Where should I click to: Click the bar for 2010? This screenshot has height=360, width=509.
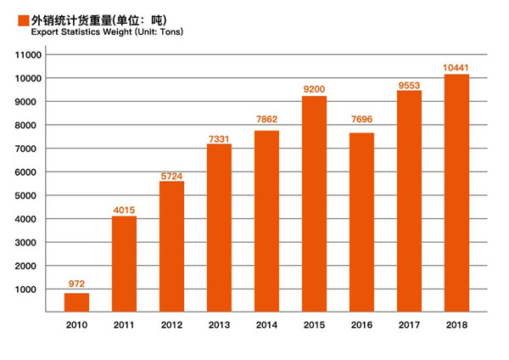tap(77, 302)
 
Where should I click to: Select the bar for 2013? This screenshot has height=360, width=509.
tap(219, 228)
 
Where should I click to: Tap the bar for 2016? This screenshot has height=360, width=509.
tap(361, 222)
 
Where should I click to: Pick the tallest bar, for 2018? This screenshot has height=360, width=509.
tap(456, 193)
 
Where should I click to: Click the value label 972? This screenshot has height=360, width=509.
tap(77, 284)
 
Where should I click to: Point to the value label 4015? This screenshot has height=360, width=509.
tap(125, 209)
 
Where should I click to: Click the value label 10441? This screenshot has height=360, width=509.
tap(456, 67)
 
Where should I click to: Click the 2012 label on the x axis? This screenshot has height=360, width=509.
tap(172, 324)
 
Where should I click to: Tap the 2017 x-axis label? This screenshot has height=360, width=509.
tap(409, 324)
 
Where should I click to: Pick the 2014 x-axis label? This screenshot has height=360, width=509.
tap(266, 324)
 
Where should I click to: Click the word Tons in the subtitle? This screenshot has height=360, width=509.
tap(168, 32)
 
